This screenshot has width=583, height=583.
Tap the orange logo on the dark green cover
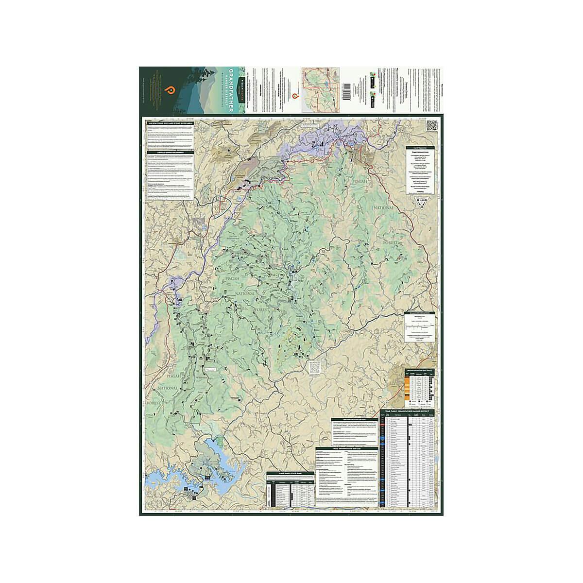(x=170, y=90)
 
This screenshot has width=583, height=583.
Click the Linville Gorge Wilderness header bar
(x=170, y=152)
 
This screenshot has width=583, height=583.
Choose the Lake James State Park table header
(x=290, y=474)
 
